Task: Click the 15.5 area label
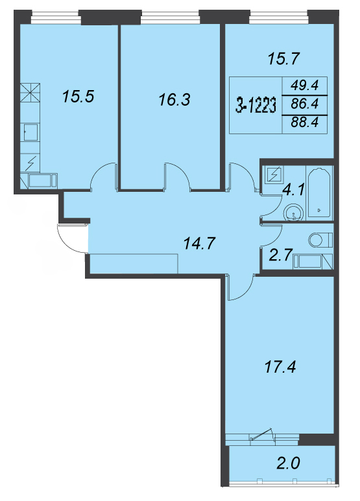tap(78, 96)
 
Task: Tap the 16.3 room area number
tap(174, 100)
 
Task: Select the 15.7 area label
tap(283, 59)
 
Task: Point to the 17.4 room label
tap(280, 367)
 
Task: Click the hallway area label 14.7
tap(200, 244)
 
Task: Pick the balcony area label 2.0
tap(288, 463)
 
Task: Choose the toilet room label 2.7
tap(281, 255)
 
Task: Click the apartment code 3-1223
tap(256, 106)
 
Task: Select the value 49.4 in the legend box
tap(305, 86)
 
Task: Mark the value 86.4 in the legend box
tap(305, 104)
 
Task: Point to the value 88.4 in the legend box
tap(305, 122)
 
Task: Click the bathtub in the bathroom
tap(319, 192)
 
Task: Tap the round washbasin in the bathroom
tap(294, 212)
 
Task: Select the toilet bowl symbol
tap(320, 240)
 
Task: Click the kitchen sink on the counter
tap(30, 132)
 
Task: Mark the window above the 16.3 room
tap(171, 17)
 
